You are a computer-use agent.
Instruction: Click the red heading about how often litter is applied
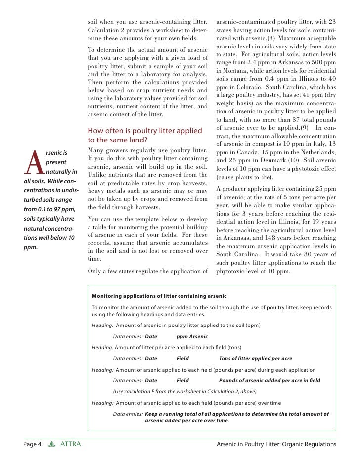[144, 135]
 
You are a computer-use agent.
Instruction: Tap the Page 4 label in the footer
[32, 444]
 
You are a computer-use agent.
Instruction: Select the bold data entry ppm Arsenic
[192, 336]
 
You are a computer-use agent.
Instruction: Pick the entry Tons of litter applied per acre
[255, 358]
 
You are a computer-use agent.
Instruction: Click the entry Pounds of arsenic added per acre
[270, 380]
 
